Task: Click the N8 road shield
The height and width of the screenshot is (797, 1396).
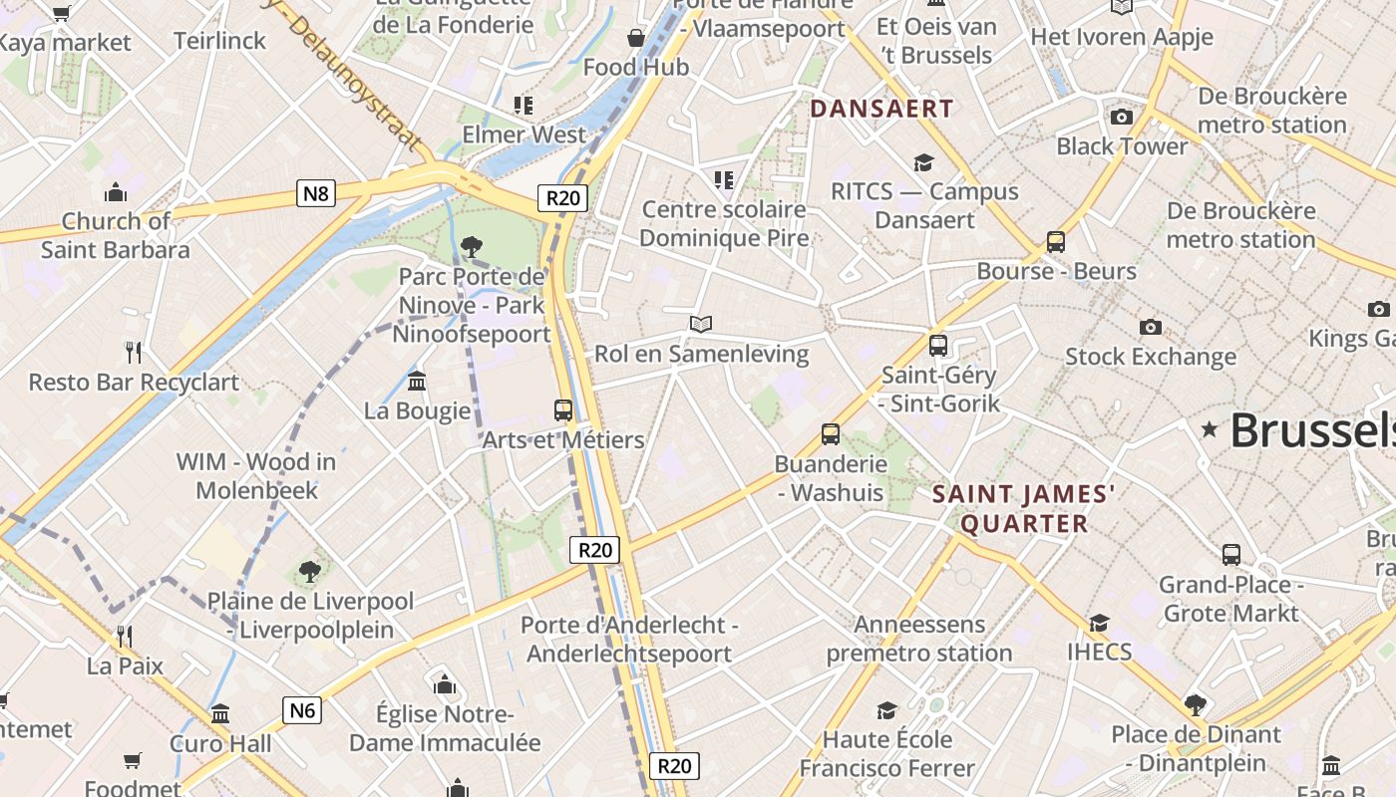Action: click(315, 193)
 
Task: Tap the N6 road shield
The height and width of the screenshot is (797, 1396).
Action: click(303, 710)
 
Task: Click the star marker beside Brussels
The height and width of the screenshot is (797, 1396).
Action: click(1210, 429)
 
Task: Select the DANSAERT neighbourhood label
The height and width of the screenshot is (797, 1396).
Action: click(881, 109)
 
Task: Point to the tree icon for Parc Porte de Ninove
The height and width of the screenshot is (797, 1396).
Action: click(472, 246)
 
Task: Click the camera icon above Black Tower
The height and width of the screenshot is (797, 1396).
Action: click(1122, 118)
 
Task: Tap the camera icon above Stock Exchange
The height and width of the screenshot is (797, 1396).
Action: click(1150, 327)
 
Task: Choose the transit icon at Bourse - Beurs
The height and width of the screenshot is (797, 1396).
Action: click(1055, 242)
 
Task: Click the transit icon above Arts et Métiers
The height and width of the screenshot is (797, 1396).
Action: click(563, 410)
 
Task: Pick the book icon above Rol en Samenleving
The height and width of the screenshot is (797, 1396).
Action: click(701, 324)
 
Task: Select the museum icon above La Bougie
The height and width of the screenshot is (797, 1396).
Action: click(417, 381)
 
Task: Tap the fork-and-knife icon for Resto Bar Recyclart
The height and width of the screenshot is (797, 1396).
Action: click(134, 352)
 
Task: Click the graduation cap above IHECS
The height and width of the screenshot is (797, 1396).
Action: click(1099, 623)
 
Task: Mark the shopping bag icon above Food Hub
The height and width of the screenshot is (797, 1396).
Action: click(636, 39)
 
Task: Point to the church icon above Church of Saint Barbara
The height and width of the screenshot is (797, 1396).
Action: click(116, 191)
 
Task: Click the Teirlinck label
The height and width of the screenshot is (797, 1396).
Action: click(219, 41)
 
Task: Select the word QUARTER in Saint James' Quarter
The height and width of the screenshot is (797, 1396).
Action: click(1023, 524)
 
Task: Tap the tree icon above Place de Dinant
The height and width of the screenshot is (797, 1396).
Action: click(1195, 705)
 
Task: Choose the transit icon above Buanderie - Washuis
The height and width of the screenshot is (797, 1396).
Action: click(831, 434)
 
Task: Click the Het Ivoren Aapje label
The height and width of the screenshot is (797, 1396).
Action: click(1122, 37)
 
